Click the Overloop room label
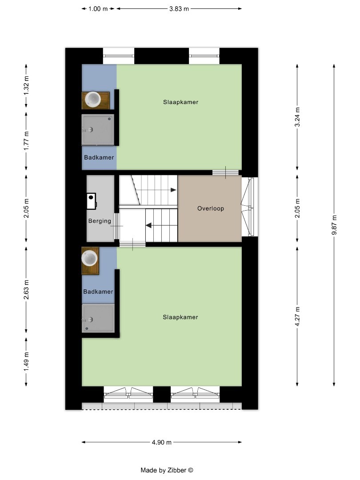tap(211, 208)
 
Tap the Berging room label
tap(100, 221)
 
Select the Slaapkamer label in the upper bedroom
tap(180, 102)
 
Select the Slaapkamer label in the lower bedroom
tap(180, 317)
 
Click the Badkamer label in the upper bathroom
tap(99, 157)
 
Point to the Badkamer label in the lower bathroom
tap(98, 292)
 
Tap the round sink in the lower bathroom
tap(90, 258)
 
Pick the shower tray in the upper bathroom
tap(98, 129)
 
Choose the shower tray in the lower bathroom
tap(98, 318)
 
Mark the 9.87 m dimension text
tap(334, 226)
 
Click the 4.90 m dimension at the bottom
tap(162, 442)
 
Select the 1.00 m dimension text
tap(98, 8)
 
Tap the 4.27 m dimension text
tap(297, 316)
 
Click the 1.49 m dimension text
tap(26, 362)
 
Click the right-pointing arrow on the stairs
tap(172, 190)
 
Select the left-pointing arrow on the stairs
tap(149, 225)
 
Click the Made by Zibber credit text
tap(167, 470)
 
